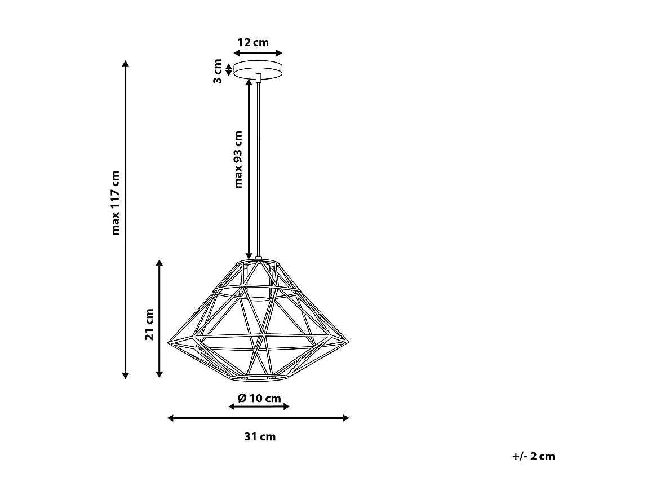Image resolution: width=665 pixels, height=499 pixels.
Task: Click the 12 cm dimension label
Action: [x=252, y=42]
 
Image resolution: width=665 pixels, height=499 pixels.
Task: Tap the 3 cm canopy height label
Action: [x=218, y=70]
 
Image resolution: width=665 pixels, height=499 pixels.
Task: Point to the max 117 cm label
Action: [x=116, y=202]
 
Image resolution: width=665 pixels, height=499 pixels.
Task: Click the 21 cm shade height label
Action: [x=149, y=324]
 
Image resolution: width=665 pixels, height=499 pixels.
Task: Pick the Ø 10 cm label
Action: [x=259, y=398]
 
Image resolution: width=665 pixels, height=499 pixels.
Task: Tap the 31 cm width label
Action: [x=260, y=436]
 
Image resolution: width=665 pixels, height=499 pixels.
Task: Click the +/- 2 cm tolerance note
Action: [x=534, y=456]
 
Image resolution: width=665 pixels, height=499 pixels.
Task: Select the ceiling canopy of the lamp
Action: [x=259, y=70]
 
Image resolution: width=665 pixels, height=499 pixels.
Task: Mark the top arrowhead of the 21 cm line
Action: [x=160, y=263]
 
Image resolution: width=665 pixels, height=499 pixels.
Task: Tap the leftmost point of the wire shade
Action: [x=169, y=341]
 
